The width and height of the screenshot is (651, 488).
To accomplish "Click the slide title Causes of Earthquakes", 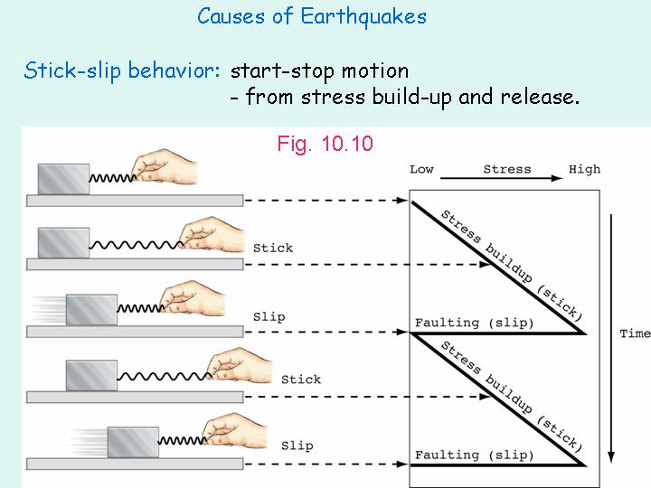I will click(312, 16).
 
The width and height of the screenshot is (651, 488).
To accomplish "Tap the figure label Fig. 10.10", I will click(325, 144).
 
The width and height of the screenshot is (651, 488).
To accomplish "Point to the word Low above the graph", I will click(421, 169).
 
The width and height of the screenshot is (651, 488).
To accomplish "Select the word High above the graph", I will click(584, 169).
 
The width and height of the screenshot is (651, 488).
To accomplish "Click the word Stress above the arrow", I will click(506, 169).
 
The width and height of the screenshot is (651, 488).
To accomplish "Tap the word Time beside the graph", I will click(635, 333).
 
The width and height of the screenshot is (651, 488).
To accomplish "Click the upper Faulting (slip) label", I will click(474, 323).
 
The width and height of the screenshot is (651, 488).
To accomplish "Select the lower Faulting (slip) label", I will click(474, 455).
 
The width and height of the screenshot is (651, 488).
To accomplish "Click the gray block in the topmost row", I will click(63, 178).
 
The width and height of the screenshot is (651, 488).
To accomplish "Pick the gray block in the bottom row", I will click(133, 442).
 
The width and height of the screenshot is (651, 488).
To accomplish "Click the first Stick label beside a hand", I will click(273, 248).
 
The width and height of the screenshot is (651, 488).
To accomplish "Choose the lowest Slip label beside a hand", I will click(297, 446).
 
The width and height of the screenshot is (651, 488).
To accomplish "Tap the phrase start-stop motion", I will click(320, 70).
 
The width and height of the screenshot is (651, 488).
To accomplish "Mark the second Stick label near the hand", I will click(301, 380).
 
